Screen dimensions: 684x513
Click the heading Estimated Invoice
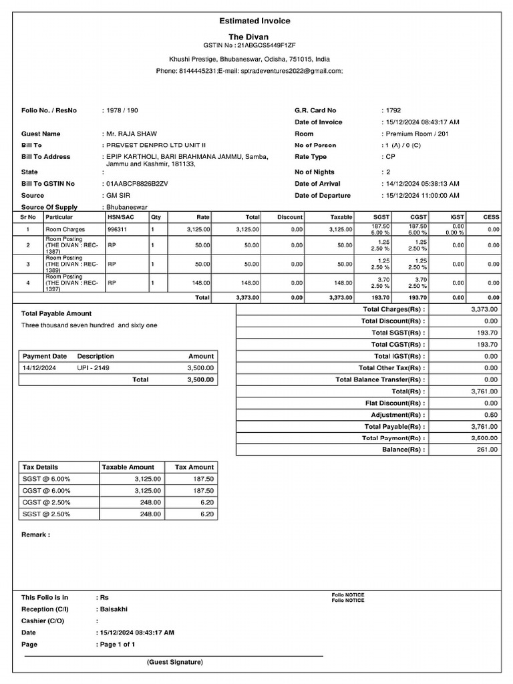[254, 21]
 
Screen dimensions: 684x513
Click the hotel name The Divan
[248, 37]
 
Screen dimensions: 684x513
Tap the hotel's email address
[290, 70]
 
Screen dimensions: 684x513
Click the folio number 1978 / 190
[122, 110]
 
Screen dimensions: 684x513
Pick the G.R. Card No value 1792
[393, 110]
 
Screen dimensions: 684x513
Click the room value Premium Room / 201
[417, 134]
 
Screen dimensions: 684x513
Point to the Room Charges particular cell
[65, 229]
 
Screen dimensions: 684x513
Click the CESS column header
[491, 217]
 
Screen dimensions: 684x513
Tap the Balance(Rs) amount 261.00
[488, 450]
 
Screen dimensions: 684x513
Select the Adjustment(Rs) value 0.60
[491, 415]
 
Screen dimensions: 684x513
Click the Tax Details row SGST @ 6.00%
[47, 479]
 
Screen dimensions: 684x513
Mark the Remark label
[35, 535]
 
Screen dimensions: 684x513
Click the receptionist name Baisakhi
[114, 609]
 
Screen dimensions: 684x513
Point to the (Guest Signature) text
[175, 662]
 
